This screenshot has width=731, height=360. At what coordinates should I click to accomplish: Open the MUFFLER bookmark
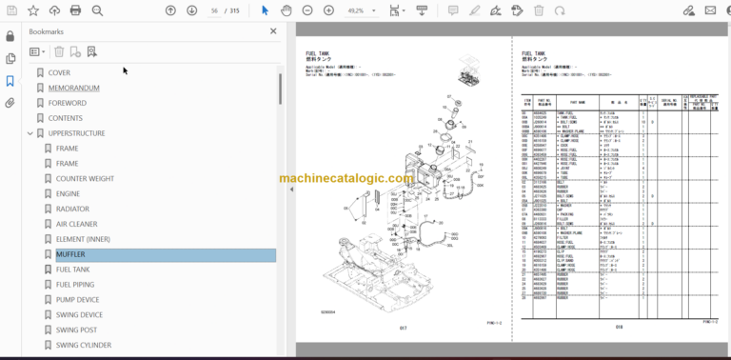(70, 254)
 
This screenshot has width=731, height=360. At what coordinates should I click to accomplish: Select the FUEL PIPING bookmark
(74, 285)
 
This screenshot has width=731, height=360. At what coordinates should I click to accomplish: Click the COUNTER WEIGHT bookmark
(86, 178)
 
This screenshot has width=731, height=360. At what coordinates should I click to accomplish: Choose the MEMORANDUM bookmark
(73, 88)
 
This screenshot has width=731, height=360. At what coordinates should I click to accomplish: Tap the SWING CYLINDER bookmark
(84, 345)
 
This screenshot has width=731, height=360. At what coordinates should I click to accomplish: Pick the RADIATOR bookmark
(72, 209)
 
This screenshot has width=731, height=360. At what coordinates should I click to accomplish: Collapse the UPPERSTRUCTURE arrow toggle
(30, 133)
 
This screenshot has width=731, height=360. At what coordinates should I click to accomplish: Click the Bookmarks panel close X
(276, 31)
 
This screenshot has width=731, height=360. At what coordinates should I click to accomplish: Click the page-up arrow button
(170, 10)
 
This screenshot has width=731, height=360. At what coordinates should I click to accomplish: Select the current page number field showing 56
(216, 10)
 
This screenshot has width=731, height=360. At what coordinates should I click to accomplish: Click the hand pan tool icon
(286, 10)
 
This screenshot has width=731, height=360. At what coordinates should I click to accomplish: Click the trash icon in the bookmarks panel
(59, 51)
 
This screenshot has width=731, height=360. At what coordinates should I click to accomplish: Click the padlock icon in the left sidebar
(10, 36)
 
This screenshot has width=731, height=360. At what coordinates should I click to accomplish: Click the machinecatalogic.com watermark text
(346, 178)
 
